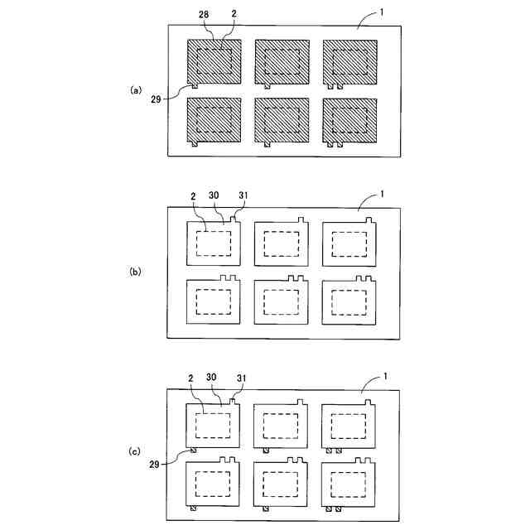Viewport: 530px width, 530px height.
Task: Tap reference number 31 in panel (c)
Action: (x=241, y=378)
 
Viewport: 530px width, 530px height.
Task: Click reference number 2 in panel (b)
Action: (x=193, y=196)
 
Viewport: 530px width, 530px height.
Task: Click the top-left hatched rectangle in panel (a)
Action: (x=214, y=61)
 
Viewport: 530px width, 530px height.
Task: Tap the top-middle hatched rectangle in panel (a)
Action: (x=282, y=61)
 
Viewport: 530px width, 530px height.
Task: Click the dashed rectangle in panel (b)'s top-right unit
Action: (x=349, y=243)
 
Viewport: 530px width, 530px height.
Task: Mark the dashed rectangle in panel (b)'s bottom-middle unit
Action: (x=282, y=301)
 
